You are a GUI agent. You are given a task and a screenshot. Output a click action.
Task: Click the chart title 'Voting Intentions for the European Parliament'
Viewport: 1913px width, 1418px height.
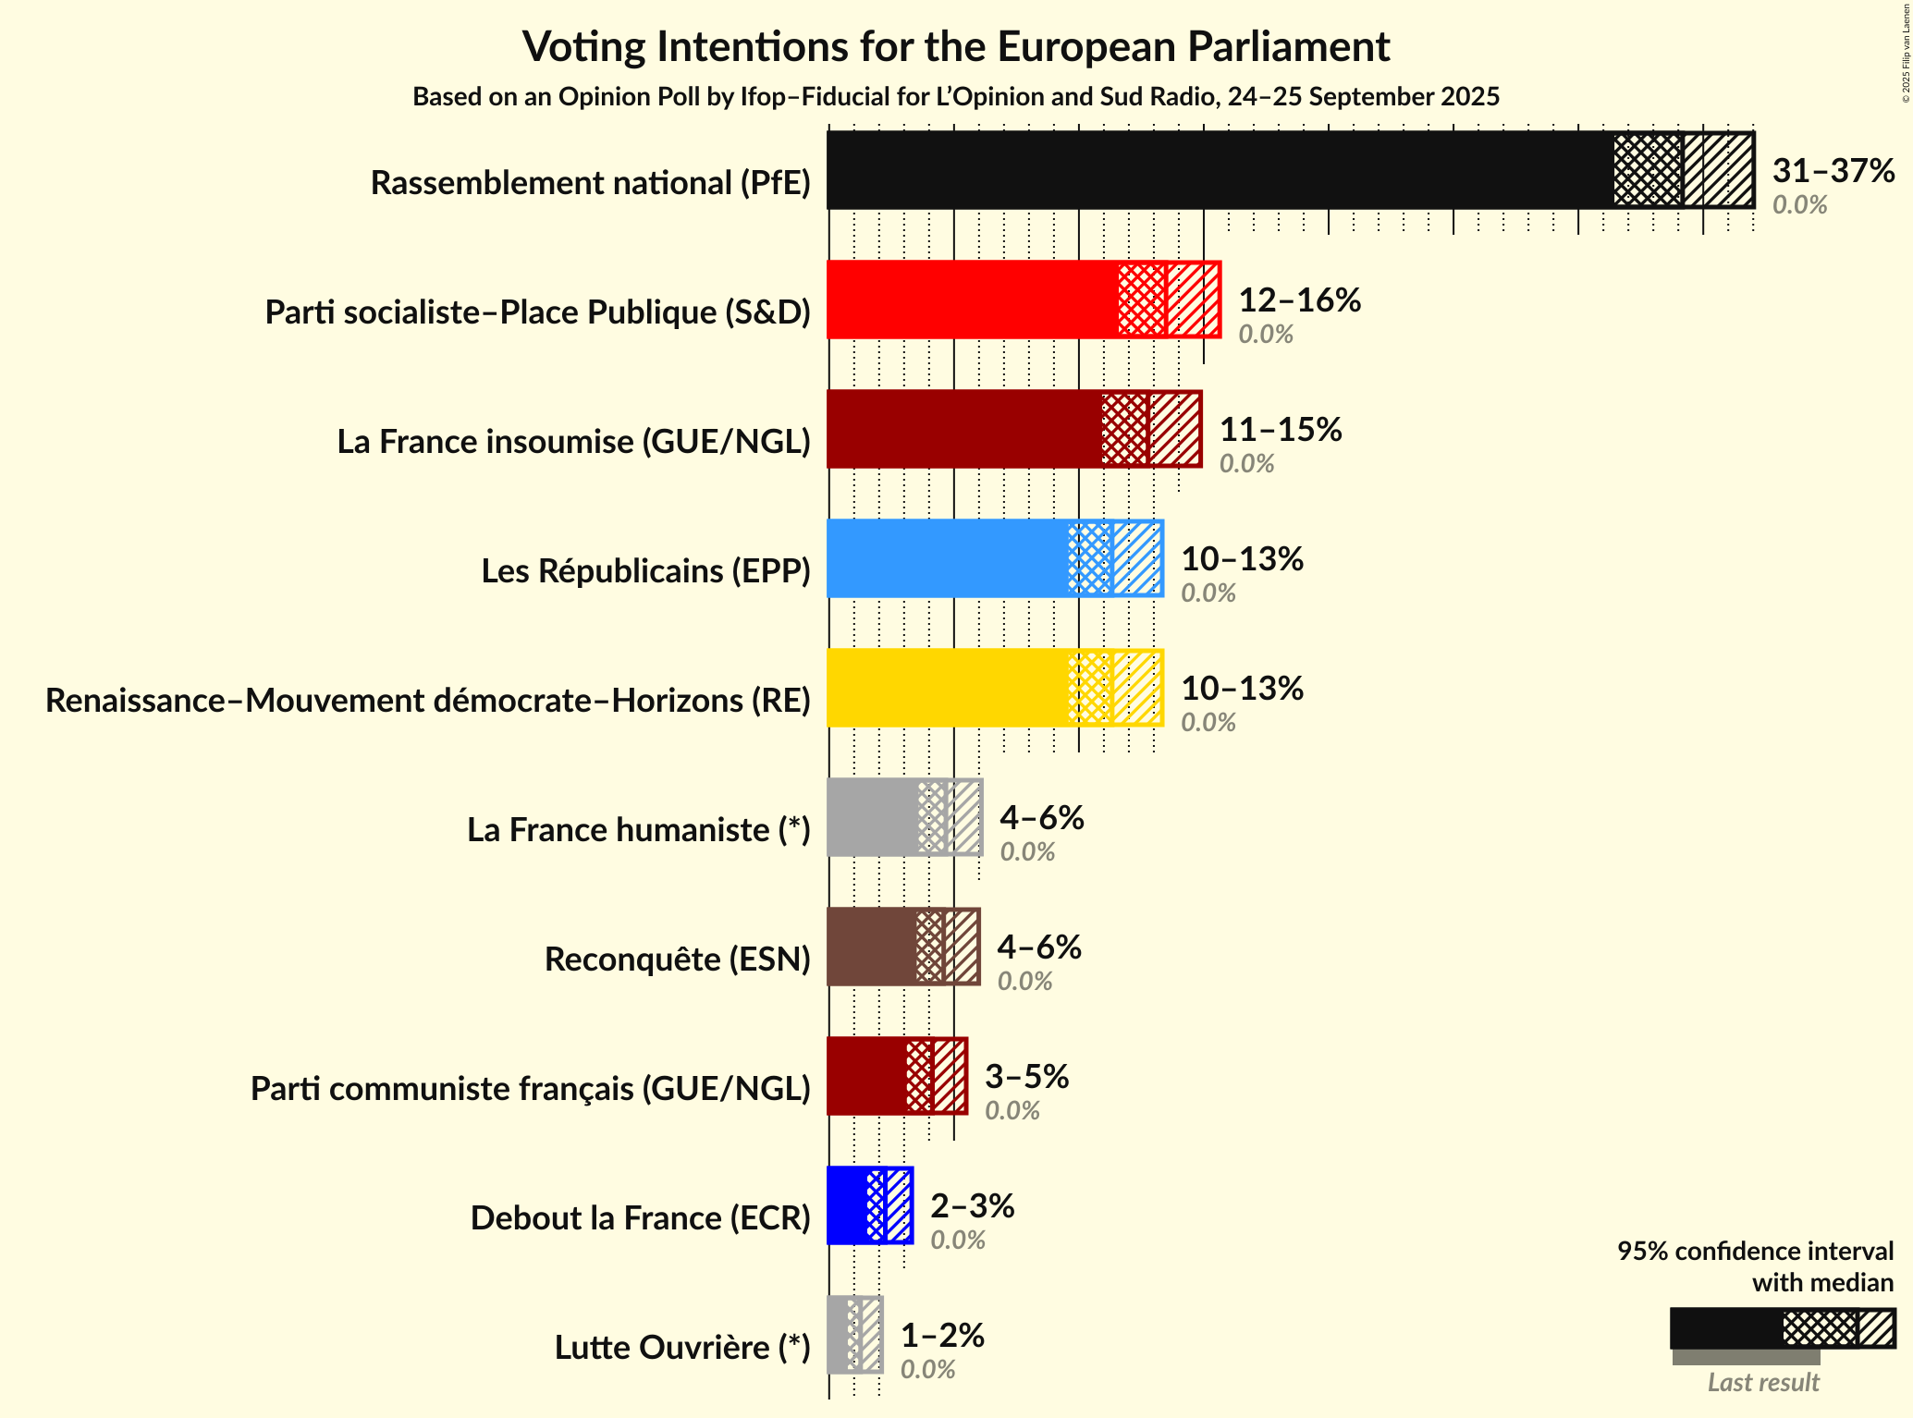(956, 46)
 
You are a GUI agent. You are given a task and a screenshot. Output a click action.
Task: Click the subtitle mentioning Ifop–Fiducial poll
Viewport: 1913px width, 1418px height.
(956, 97)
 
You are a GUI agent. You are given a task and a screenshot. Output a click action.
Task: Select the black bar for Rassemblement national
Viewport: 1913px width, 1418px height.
(1220, 170)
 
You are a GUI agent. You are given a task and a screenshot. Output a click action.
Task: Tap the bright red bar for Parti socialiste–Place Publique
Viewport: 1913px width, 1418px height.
(971, 299)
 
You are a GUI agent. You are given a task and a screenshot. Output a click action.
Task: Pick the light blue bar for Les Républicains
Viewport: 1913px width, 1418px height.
(948, 558)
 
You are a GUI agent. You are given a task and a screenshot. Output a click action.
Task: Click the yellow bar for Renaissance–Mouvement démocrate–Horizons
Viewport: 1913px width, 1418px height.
(948, 688)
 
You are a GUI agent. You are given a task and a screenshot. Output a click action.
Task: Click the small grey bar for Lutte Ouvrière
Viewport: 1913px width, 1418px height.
(838, 1335)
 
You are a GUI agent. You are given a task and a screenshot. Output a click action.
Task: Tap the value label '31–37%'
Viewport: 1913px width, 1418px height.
(1833, 171)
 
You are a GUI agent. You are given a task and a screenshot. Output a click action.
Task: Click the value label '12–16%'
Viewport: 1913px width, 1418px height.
(1299, 300)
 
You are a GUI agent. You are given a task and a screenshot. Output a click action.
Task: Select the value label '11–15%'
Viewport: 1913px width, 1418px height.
(1281, 430)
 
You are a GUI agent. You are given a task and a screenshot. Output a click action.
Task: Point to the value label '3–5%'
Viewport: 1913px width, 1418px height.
(1026, 1077)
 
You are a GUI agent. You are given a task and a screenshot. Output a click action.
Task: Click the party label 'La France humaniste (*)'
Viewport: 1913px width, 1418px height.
(638, 830)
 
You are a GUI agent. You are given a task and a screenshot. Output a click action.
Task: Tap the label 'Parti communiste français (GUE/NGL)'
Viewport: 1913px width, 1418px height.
(530, 1089)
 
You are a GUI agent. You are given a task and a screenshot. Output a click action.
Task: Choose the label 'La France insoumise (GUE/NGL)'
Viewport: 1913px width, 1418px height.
(573, 442)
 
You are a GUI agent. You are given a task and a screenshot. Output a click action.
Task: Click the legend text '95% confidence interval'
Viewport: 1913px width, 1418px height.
(1754, 1252)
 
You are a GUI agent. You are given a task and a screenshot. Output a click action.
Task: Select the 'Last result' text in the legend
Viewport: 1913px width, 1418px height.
(1762, 1382)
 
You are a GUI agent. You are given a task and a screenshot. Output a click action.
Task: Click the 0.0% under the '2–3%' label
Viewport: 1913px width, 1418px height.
(957, 1240)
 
